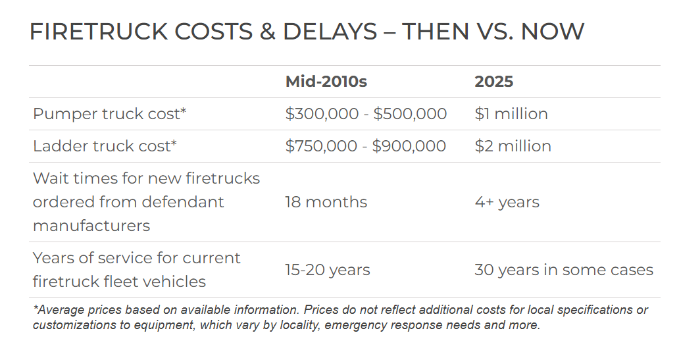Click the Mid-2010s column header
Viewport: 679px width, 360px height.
tap(326, 82)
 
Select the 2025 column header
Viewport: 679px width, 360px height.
tap(493, 82)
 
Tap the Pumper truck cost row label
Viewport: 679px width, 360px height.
tap(109, 114)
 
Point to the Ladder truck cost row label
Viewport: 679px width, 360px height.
tap(105, 146)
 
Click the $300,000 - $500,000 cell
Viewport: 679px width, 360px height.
tap(366, 114)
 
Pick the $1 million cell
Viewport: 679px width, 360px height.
tap(511, 114)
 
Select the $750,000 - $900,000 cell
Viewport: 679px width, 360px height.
tap(365, 146)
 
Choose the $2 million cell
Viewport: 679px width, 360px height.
tap(513, 146)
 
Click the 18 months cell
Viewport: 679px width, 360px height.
tap(326, 202)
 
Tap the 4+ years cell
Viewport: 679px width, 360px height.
tap(507, 202)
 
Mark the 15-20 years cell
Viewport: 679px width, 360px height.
tap(327, 270)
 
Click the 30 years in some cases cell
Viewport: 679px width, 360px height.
tap(563, 270)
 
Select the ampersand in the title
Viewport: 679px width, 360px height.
tap(266, 32)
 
